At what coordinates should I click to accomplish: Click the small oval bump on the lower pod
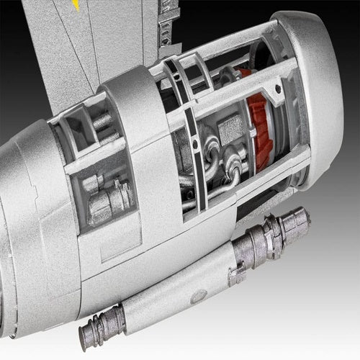coord(199,295)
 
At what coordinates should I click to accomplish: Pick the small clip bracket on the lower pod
coord(237,274)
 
